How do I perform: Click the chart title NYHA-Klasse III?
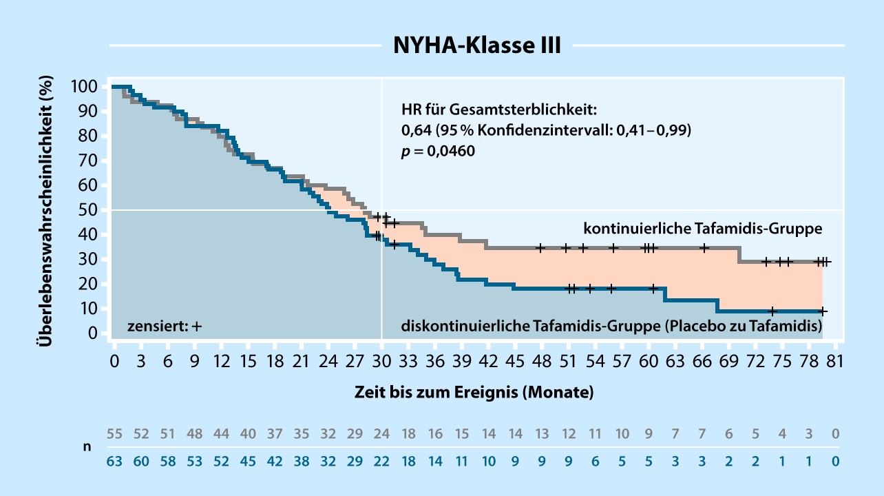point(476,45)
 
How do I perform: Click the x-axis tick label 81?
point(835,362)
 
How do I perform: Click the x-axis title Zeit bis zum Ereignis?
point(474,393)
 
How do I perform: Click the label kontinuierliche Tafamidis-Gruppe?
point(703,227)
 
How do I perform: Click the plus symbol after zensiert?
point(197,326)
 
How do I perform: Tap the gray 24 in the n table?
point(381,434)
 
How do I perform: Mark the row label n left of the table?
point(87,446)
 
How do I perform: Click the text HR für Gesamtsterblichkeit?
point(498,110)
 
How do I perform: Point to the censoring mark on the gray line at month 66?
point(704,248)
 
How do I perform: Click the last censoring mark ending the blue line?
point(822,311)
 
